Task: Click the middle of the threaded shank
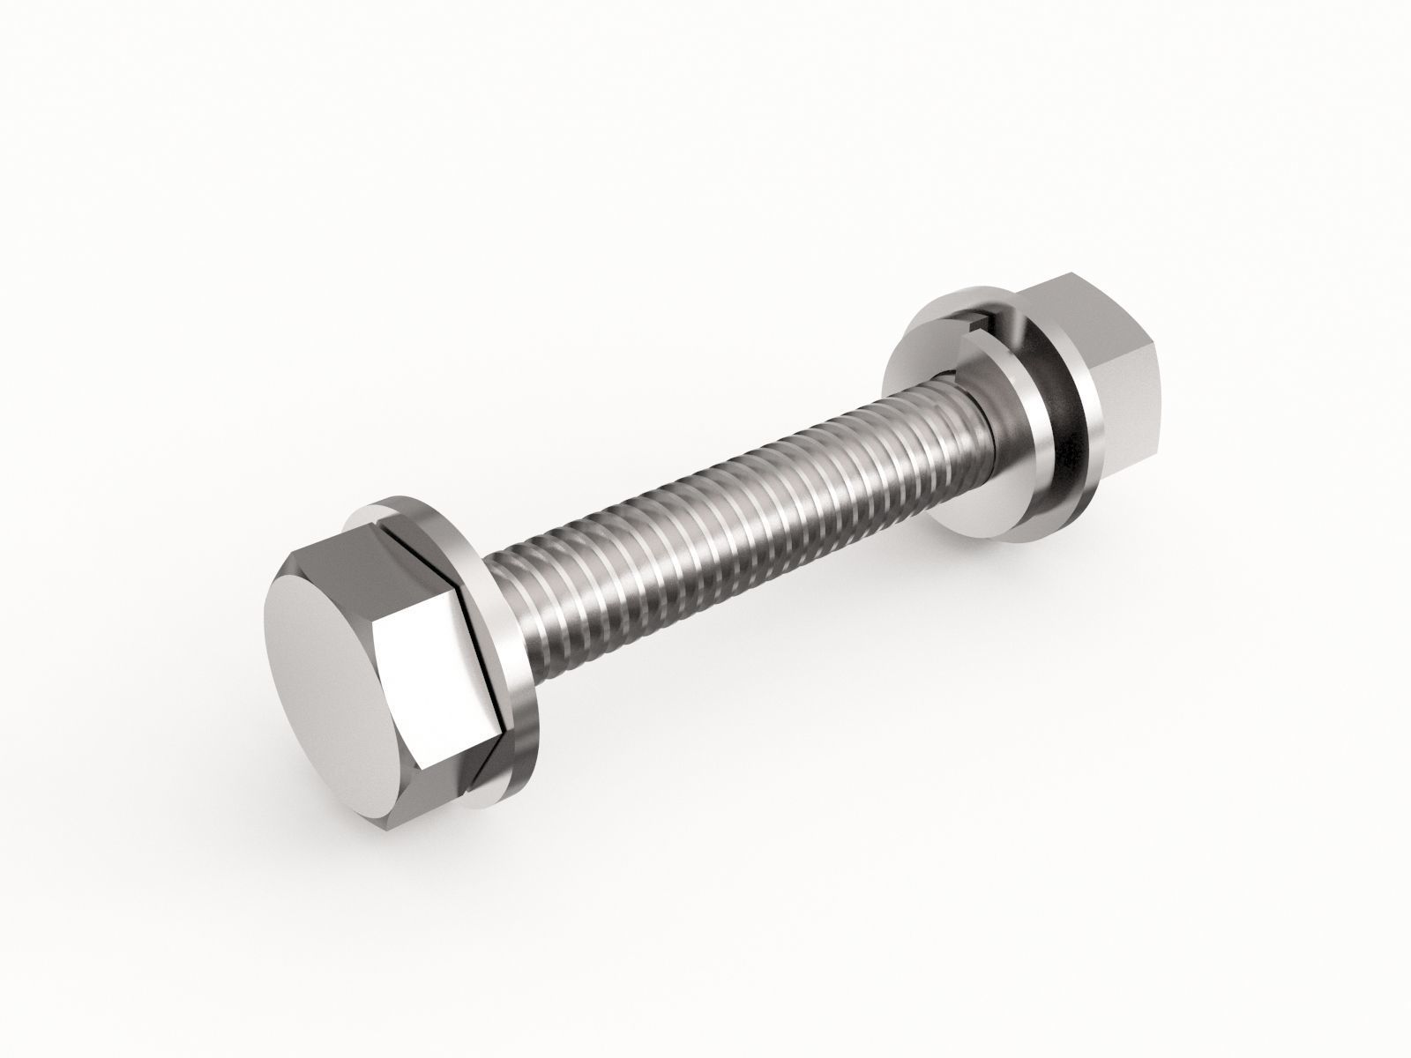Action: tap(732, 547)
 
